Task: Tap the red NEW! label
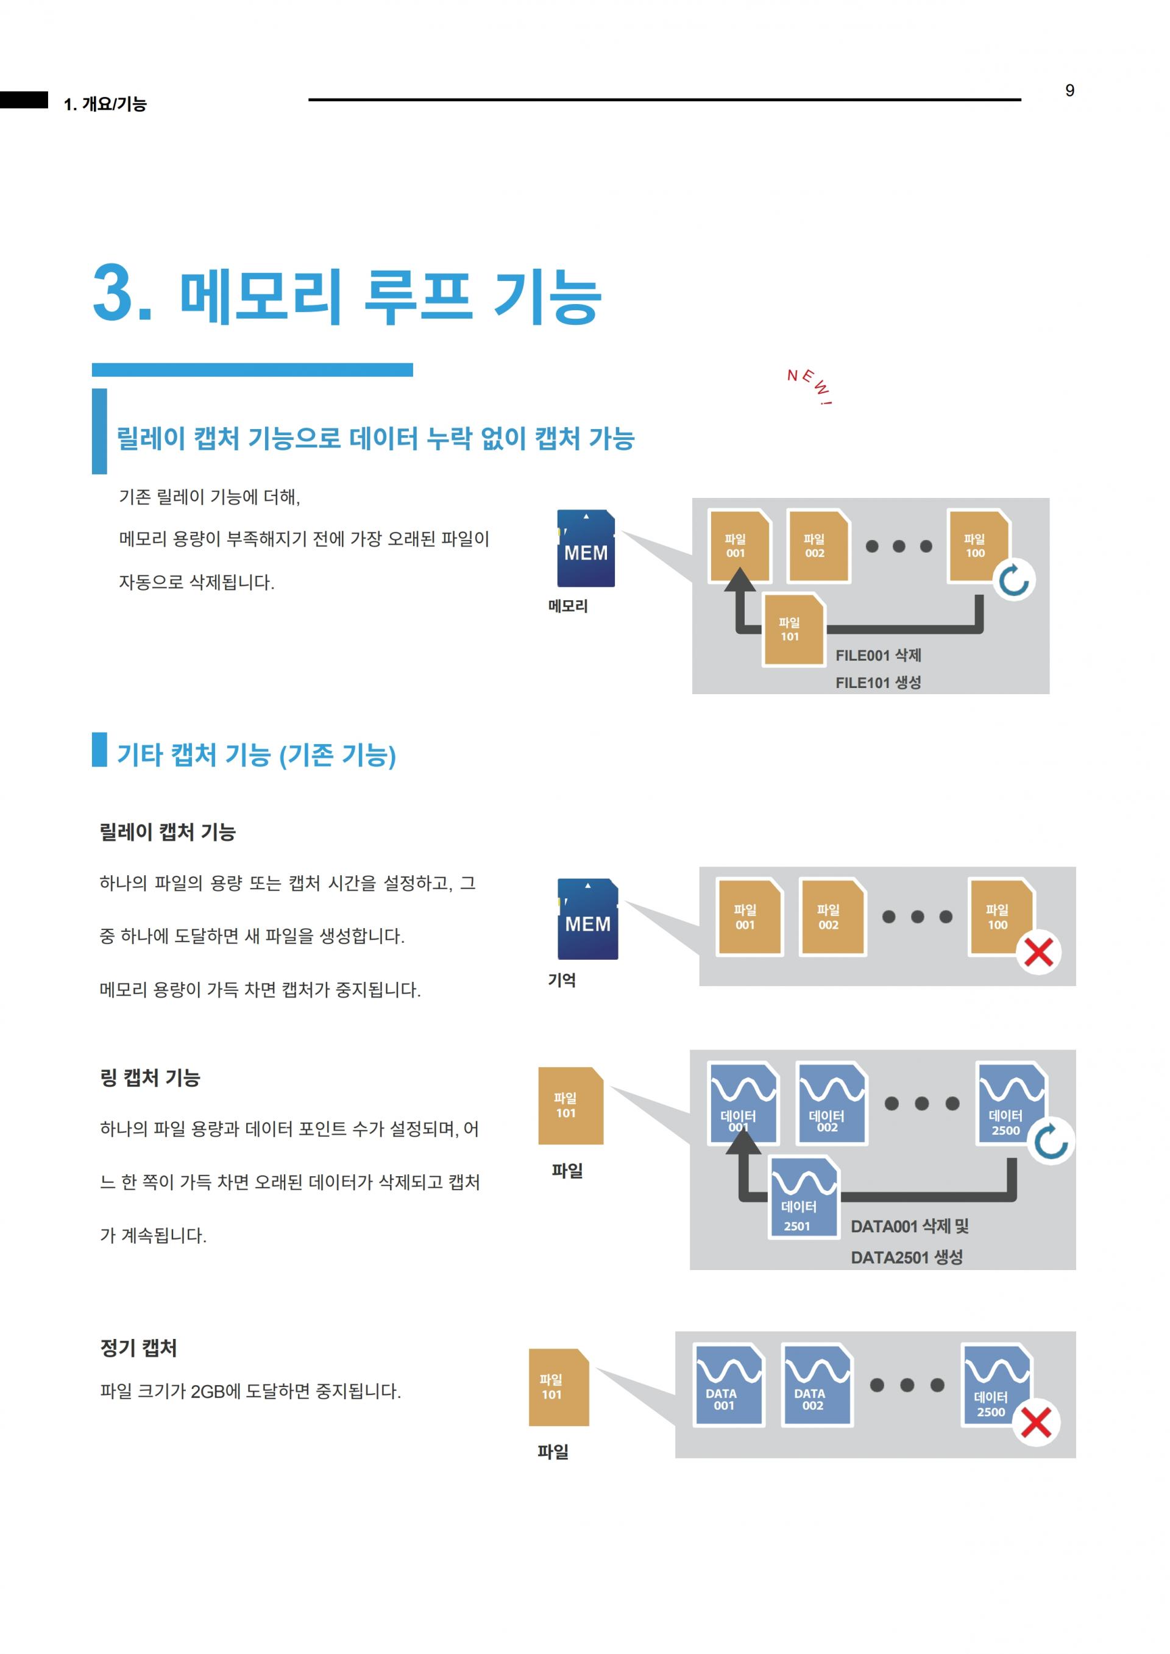pyautogui.click(x=810, y=385)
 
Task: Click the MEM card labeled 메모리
pyautogui.click(x=586, y=548)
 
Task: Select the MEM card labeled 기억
pyautogui.click(x=588, y=918)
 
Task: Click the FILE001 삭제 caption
pyautogui.click(x=878, y=655)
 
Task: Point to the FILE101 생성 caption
pyautogui.click(x=878, y=682)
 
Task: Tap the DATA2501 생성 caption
pyautogui.click(x=906, y=1257)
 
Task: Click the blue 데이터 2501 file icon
pyautogui.click(x=804, y=1196)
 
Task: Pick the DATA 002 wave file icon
pyautogui.click(x=817, y=1384)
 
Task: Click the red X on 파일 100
pyautogui.click(x=1038, y=953)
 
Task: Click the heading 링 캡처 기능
pyautogui.click(x=150, y=1077)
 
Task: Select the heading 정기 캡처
pyautogui.click(x=138, y=1348)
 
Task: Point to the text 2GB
pyautogui.click(x=207, y=1391)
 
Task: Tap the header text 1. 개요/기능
pyautogui.click(x=105, y=104)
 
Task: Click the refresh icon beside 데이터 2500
pyautogui.click(x=1051, y=1142)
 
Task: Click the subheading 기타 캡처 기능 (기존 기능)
pyautogui.click(x=257, y=754)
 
